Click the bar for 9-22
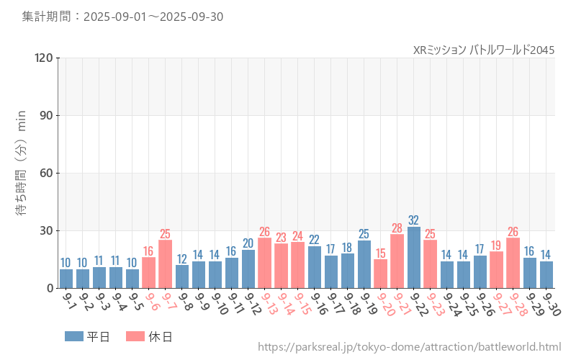click(414, 258)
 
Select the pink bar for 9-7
click(166, 264)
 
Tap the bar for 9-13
click(265, 263)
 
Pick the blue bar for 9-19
click(364, 264)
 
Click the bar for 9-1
click(66, 279)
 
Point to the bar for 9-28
click(513, 263)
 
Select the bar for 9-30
click(546, 274)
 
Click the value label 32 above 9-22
click(414, 220)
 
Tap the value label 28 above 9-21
click(397, 228)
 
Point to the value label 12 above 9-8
click(182, 258)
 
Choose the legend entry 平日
click(87, 336)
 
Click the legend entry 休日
click(149, 336)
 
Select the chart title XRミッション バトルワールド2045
click(484, 50)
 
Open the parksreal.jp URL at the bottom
click(409, 347)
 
